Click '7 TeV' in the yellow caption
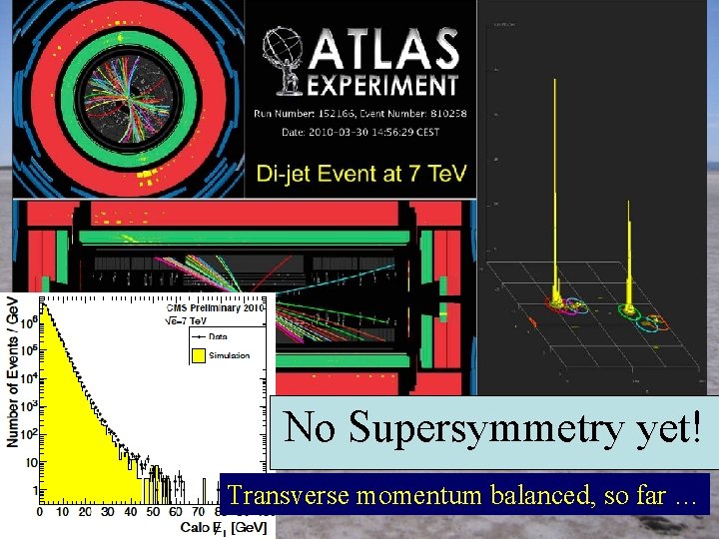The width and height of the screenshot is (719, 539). point(435,174)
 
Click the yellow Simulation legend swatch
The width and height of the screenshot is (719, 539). point(196,355)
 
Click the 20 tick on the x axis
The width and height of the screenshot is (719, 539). point(84,512)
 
